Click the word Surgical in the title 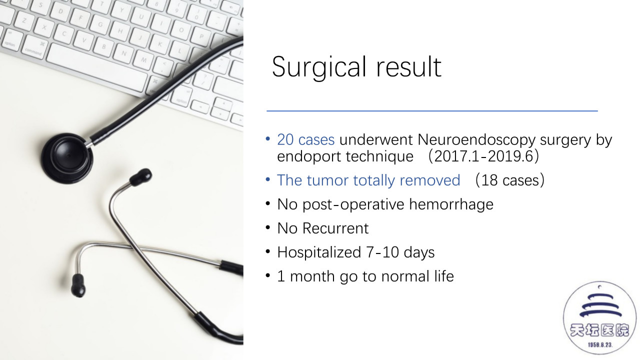(319, 67)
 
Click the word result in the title (409, 67)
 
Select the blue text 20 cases (305, 139)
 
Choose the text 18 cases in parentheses (510, 180)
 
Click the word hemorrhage (451, 205)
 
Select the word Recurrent (335, 228)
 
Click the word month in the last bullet (312, 276)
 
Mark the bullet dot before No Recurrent (267, 227)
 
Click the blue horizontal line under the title (432, 111)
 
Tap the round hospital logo (599, 318)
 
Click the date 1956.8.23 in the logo (599, 345)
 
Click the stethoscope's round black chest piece (67, 158)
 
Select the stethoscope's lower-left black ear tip (78, 285)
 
